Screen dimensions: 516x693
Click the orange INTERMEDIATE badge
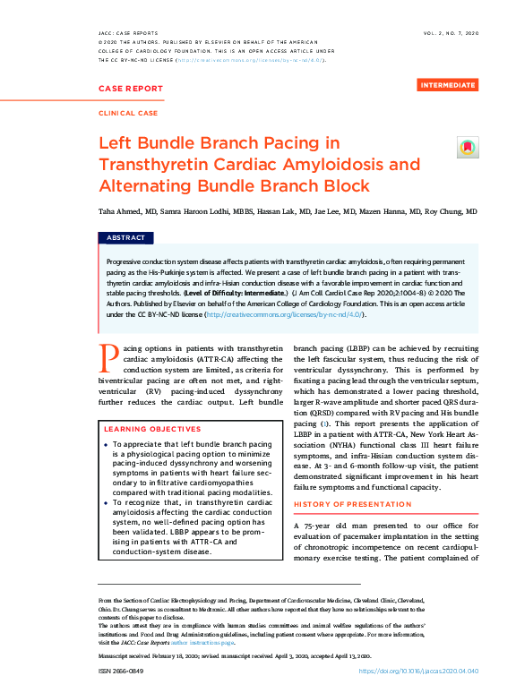coord(448,85)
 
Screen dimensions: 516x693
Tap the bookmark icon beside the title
coord(468,148)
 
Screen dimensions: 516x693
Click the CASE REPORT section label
coord(131,89)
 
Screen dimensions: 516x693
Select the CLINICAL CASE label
coord(127,114)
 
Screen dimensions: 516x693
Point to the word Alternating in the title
coord(153,186)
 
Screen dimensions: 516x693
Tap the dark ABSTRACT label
coord(125,238)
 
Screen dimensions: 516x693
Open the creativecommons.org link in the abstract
coord(284,315)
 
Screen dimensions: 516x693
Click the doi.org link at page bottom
coord(418,671)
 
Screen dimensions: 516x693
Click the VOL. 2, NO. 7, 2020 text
coord(451,32)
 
